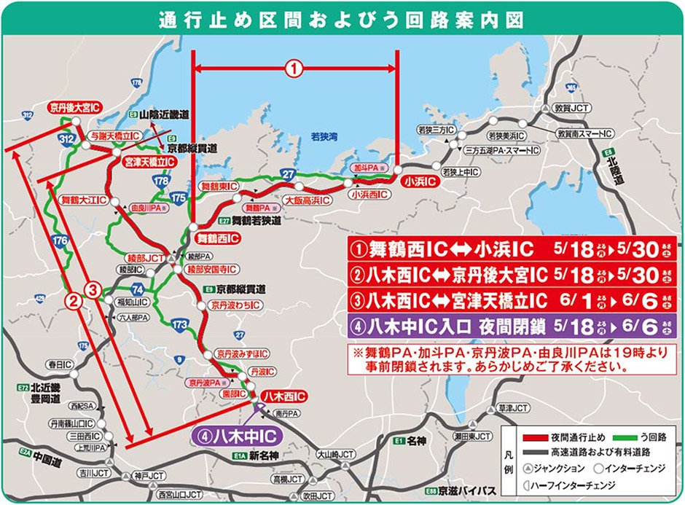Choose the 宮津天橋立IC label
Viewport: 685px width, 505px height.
(x=149, y=161)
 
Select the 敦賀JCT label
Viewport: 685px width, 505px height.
(x=571, y=107)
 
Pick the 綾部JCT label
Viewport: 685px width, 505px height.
(x=142, y=257)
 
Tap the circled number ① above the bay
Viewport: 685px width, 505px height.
(x=293, y=69)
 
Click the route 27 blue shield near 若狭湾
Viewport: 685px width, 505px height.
(x=289, y=173)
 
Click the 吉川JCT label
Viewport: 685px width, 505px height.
(x=90, y=472)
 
